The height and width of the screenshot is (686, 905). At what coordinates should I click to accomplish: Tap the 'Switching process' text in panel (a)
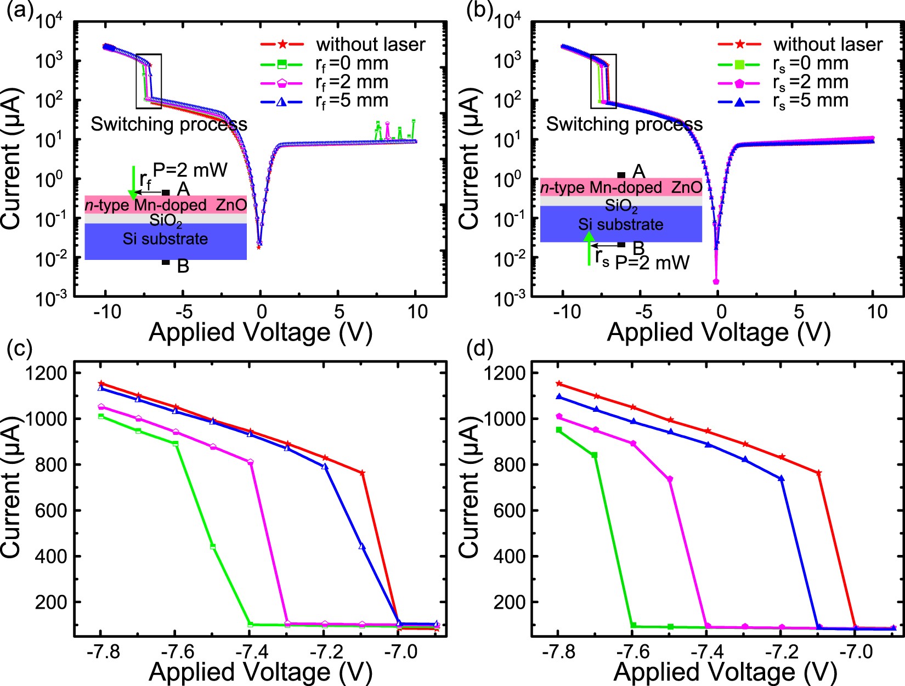(x=168, y=124)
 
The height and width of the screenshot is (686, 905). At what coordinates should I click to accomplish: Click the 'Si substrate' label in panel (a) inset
(x=165, y=239)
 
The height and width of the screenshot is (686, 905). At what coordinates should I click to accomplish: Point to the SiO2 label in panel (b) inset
(x=621, y=206)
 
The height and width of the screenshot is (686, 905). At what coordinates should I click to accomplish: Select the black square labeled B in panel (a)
(x=166, y=262)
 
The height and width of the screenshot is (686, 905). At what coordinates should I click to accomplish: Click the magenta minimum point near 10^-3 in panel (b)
(x=716, y=281)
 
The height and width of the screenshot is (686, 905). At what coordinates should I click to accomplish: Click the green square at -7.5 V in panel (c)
(x=213, y=547)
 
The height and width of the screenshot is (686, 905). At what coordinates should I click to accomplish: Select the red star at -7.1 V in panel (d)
(x=819, y=472)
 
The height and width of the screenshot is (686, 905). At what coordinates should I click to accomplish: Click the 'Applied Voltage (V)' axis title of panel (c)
(x=261, y=671)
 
